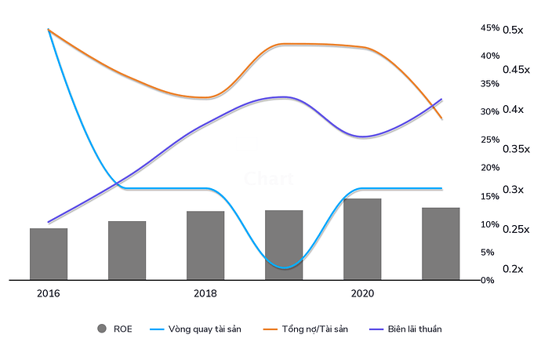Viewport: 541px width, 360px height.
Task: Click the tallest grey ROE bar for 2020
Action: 362,238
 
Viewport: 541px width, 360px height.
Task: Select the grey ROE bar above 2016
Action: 49,253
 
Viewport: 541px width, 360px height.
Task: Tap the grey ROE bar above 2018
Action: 205,245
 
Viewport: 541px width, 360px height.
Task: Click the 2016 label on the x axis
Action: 49,293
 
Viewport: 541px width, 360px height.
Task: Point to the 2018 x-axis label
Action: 205,293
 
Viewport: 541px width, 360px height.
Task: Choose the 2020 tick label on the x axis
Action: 362,293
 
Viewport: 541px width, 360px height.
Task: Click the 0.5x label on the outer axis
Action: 513,30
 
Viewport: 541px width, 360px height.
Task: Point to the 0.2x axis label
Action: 513,269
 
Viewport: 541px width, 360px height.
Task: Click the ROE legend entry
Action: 123,329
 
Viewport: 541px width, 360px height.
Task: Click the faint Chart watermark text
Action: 268,179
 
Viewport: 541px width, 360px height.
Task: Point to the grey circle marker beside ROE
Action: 101,329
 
